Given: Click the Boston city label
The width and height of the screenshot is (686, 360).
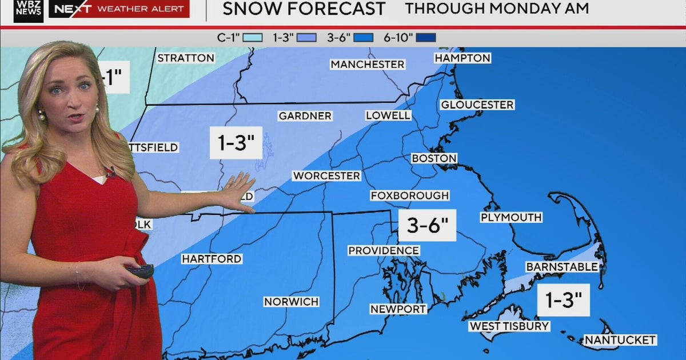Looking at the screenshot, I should pos(434,158).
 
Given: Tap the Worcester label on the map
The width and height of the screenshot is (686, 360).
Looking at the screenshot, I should pos(326,176).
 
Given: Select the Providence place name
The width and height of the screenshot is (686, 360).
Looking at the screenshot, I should pos(384,251).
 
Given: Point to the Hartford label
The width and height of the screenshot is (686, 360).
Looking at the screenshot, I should pos(212,259).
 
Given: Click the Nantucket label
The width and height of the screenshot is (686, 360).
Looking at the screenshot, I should pos(620,340).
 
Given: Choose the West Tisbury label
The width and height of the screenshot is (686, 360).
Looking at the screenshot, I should pos(509,326).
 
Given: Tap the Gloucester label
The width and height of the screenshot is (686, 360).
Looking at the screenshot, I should pos(477,105).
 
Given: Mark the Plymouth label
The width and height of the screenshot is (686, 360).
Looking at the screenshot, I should pos(511,218).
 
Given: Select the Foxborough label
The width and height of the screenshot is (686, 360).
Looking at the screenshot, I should pos(410,195).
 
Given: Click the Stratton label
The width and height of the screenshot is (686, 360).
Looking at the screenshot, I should pos(186,58).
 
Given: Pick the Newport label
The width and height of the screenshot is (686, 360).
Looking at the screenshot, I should pos(398,309).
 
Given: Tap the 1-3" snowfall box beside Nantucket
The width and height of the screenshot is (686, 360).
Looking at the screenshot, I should pos(563,299).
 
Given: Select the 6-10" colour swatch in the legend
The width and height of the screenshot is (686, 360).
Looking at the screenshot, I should pos(426,38).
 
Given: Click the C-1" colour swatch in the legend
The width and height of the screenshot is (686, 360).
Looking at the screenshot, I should pos(252,38).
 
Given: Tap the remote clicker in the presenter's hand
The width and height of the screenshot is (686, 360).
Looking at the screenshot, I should pos(140,270).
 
